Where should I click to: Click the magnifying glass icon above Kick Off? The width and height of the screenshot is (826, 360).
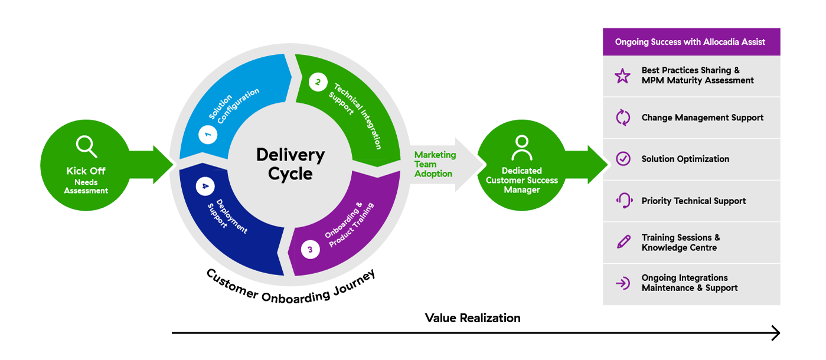87,146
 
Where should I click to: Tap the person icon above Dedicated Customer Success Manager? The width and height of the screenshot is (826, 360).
522,148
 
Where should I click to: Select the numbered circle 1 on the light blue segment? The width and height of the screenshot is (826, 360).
208,135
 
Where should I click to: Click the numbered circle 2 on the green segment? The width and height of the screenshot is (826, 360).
318,82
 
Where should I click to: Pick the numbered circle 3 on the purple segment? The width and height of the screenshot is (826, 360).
310,250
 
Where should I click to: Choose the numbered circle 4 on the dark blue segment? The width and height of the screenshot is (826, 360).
205,186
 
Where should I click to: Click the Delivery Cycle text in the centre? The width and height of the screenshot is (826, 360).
290,164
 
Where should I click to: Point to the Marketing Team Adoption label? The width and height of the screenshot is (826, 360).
435,164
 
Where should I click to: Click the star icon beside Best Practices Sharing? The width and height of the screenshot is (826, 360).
622,76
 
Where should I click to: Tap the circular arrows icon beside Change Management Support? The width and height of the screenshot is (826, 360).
623,117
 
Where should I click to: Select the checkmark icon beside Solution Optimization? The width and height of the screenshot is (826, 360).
623,159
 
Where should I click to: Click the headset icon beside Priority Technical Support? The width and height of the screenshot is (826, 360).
624,201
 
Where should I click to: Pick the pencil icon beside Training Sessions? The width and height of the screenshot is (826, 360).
623,242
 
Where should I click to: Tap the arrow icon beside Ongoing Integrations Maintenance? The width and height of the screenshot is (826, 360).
623,283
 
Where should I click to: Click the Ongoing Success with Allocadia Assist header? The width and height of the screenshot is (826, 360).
690,42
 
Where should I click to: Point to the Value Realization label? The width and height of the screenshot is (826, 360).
472,318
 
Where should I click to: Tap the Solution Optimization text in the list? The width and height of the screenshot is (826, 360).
685,159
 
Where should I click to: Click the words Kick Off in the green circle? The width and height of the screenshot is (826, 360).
86,171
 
